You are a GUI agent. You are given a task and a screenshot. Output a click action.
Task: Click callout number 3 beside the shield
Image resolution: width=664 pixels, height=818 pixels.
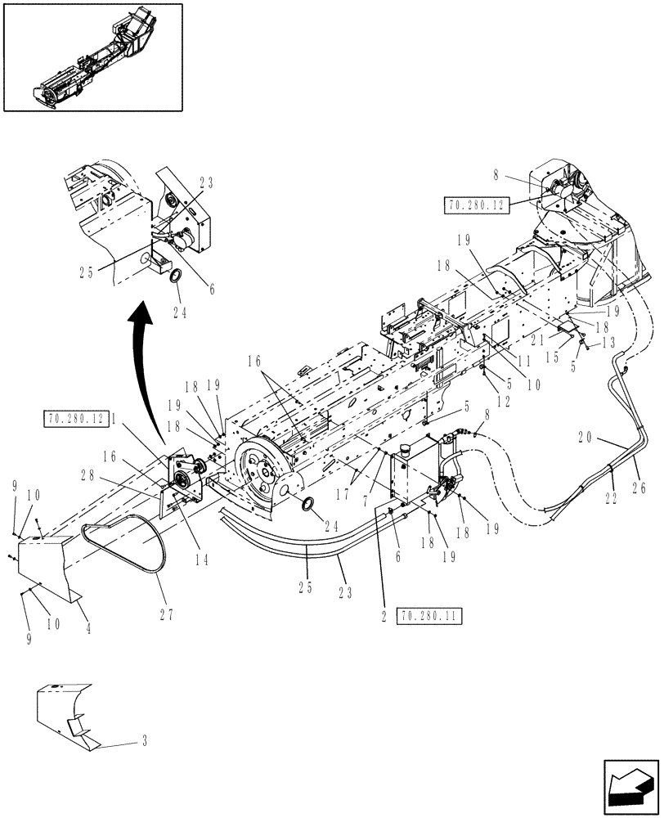[145, 743]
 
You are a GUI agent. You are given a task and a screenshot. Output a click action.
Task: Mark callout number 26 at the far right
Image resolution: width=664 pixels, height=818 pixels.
[639, 489]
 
